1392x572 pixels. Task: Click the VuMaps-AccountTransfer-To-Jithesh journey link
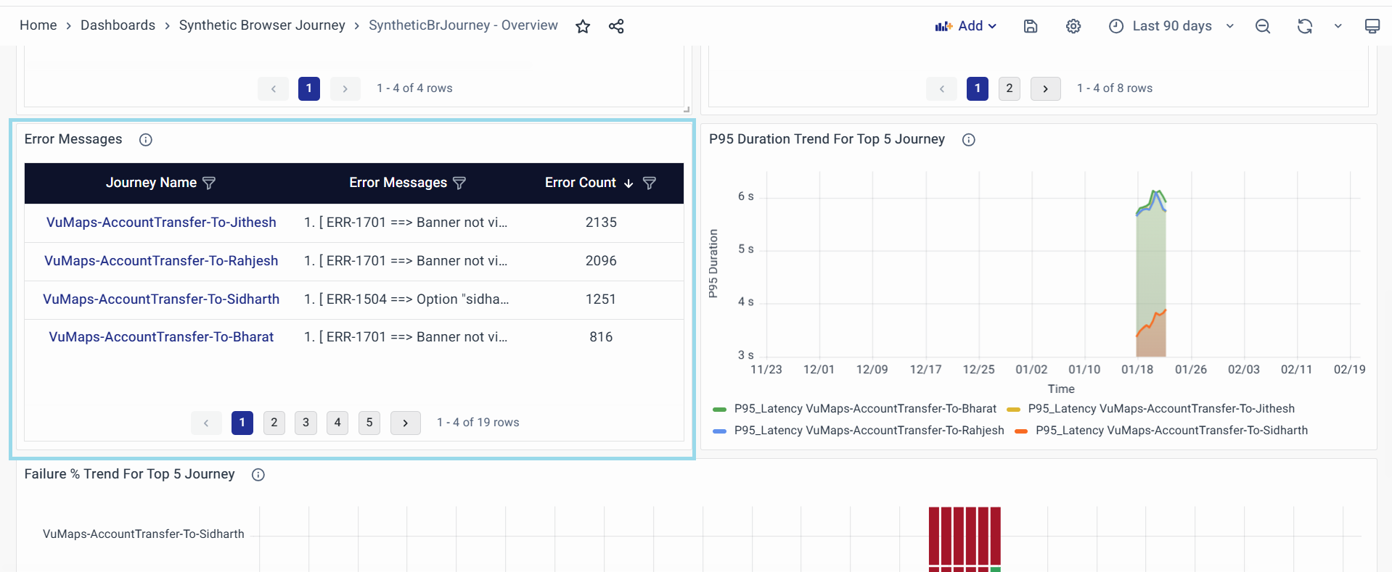pos(161,223)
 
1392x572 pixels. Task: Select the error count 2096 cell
pos(601,261)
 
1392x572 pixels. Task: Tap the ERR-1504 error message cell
pos(406,299)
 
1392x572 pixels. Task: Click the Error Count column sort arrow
pos(629,183)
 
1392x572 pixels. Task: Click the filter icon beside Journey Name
pos(209,183)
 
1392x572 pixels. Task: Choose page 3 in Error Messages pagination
pos(306,423)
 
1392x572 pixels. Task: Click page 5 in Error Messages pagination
pos(369,423)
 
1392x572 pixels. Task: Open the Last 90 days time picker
pos(1171,26)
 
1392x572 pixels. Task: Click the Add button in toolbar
pos(966,26)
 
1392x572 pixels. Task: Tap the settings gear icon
pos(1073,26)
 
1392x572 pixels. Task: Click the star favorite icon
pos(583,27)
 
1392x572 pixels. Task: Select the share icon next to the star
pos(616,27)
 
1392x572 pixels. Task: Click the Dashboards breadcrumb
pos(118,25)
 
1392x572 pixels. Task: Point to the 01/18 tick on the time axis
pos(1137,370)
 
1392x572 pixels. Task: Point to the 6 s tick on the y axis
pos(745,196)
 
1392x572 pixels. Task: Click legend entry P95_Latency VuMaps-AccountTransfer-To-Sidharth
pos(1171,431)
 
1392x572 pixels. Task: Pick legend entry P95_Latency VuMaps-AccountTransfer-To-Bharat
pos(864,409)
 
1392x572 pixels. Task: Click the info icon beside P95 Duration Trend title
pos(969,140)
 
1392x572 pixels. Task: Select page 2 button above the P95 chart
pos(1009,88)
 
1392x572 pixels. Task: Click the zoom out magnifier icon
pos(1263,26)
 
